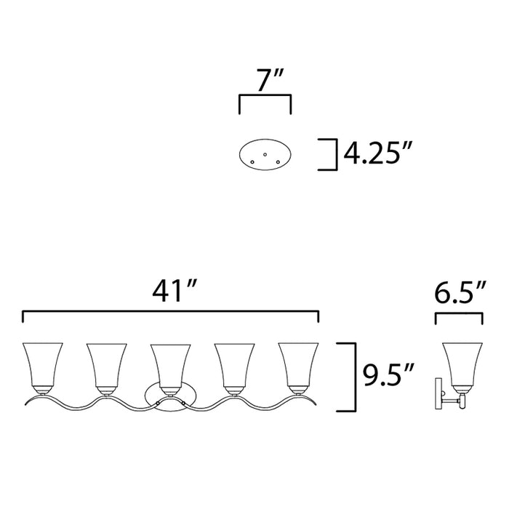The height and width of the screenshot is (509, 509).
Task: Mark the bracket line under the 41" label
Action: click(x=171, y=313)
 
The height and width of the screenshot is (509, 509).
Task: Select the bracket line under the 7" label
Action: click(x=265, y=96)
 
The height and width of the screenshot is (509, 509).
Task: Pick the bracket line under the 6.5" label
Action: click(x=459, y=315)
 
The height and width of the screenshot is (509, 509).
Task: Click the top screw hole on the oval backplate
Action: click(x=265, y=153)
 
